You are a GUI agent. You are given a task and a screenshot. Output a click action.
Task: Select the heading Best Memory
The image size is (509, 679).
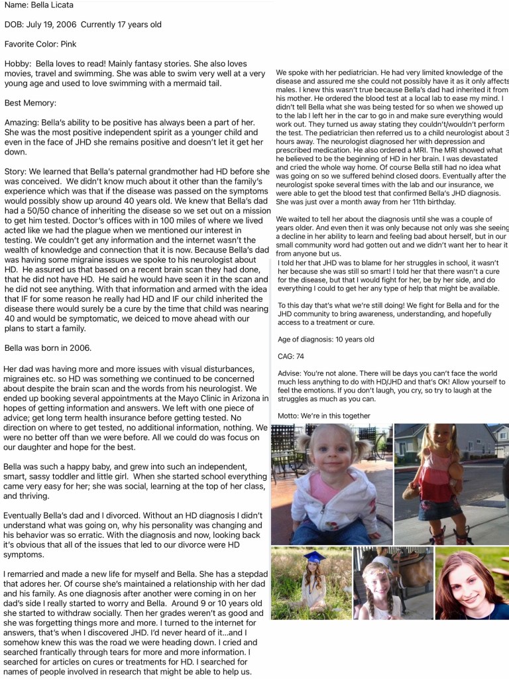click(30, 103)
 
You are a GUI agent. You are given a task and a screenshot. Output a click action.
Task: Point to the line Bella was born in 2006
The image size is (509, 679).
click(47, 347)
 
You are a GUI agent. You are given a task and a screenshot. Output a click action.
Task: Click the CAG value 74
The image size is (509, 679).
click(299, 357)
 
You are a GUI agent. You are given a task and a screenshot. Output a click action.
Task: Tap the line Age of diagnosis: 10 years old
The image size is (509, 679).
click(325, 339)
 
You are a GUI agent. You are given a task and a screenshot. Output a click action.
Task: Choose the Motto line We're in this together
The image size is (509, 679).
click(324, 416)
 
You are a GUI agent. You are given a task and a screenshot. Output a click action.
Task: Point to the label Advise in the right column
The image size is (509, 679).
click(290, 373)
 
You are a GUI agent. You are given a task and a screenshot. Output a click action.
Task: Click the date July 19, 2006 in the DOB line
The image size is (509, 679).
click(57, 25)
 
